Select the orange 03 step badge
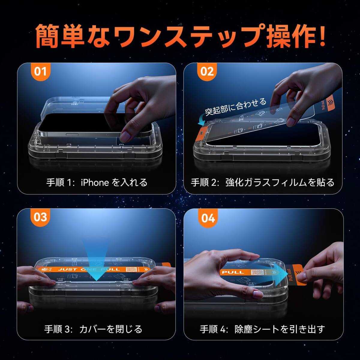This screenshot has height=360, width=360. click(40, 217)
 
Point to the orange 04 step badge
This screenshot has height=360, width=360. click(208, 218)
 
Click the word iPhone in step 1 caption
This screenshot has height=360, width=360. click(95, 182)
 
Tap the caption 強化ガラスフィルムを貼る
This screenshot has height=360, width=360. click(280, 182)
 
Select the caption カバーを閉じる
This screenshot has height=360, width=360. click(111, 329)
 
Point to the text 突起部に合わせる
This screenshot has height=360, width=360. click(235, 106)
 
